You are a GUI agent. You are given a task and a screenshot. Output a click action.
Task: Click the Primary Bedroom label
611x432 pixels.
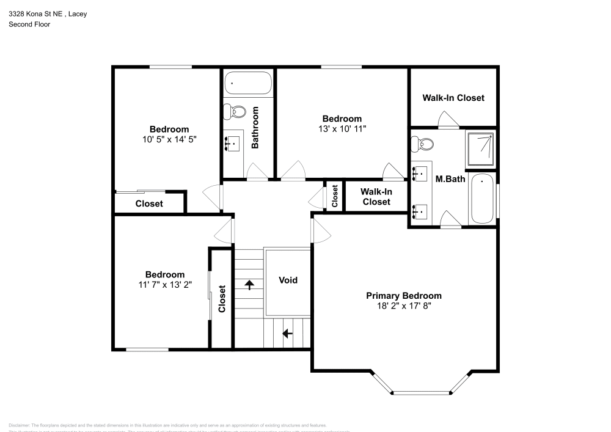[403, 296]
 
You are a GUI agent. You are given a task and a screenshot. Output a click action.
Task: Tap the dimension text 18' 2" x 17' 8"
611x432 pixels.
[403, 306]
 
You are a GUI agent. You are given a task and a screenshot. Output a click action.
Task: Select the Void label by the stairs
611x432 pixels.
[288, 280]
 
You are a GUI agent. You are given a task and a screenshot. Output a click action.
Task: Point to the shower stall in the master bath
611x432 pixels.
[480, 150]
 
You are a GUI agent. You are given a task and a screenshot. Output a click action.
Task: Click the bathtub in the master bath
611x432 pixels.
[483, 199]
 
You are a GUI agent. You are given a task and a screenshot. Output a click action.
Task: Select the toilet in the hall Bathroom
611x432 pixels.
[233, 112]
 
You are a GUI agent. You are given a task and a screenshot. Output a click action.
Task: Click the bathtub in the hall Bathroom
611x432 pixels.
[247, 83]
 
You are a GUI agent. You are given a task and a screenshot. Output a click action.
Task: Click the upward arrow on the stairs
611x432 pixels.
[249, 284]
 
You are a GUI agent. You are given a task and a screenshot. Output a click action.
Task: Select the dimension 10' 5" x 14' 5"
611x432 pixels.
[169, 139]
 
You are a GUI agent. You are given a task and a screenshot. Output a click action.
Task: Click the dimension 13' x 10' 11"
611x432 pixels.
[342, 129]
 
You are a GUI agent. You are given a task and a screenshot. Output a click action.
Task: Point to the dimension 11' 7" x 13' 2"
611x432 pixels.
[164, 285]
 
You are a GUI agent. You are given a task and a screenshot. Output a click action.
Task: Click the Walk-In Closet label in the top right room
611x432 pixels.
[453, 98]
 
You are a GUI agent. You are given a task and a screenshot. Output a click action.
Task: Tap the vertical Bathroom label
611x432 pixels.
[255, 128]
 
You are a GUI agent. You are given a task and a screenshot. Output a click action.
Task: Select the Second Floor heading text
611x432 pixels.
[29, 24]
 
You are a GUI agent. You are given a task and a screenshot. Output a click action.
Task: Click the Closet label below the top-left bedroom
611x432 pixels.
[149, 203]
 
